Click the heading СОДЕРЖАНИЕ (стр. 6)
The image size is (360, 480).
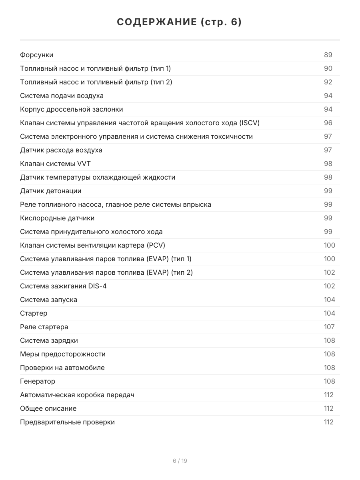(x=180, y=22)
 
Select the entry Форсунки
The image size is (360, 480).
(x=36, y=55)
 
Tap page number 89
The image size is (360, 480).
(x=328, y=55)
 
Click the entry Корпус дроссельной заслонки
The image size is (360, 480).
(x=72, y=109)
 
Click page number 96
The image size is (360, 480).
(x=328, y=123)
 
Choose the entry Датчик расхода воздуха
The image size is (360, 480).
(x=61, y=150)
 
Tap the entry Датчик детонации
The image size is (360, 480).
(x=51, y=191)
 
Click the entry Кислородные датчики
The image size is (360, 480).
(x=57, y=218)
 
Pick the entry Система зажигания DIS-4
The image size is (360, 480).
(x=63, y=286)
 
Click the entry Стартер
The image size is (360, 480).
(x=34, y=313)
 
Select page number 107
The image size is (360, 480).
(x=329, y=327)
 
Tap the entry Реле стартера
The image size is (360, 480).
(x=44, y=327)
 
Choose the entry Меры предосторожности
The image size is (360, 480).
(x=63, y=354)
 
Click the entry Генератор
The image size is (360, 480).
(x=38, y=381)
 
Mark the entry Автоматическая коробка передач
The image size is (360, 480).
(x=77, y=395)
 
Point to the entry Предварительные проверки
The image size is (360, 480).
(x=67, y=422)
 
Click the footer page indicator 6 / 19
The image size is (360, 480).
(x=180, y=461)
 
